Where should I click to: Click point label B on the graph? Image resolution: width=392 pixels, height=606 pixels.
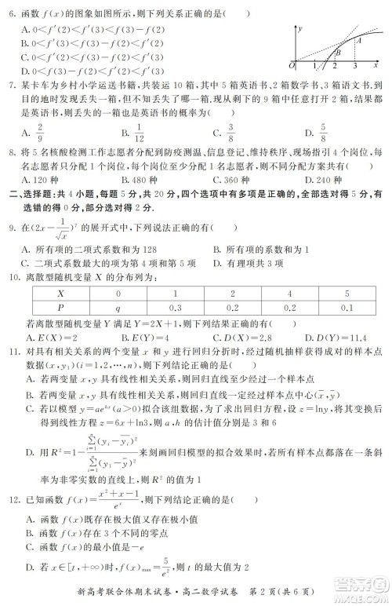tap(338, 53)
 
